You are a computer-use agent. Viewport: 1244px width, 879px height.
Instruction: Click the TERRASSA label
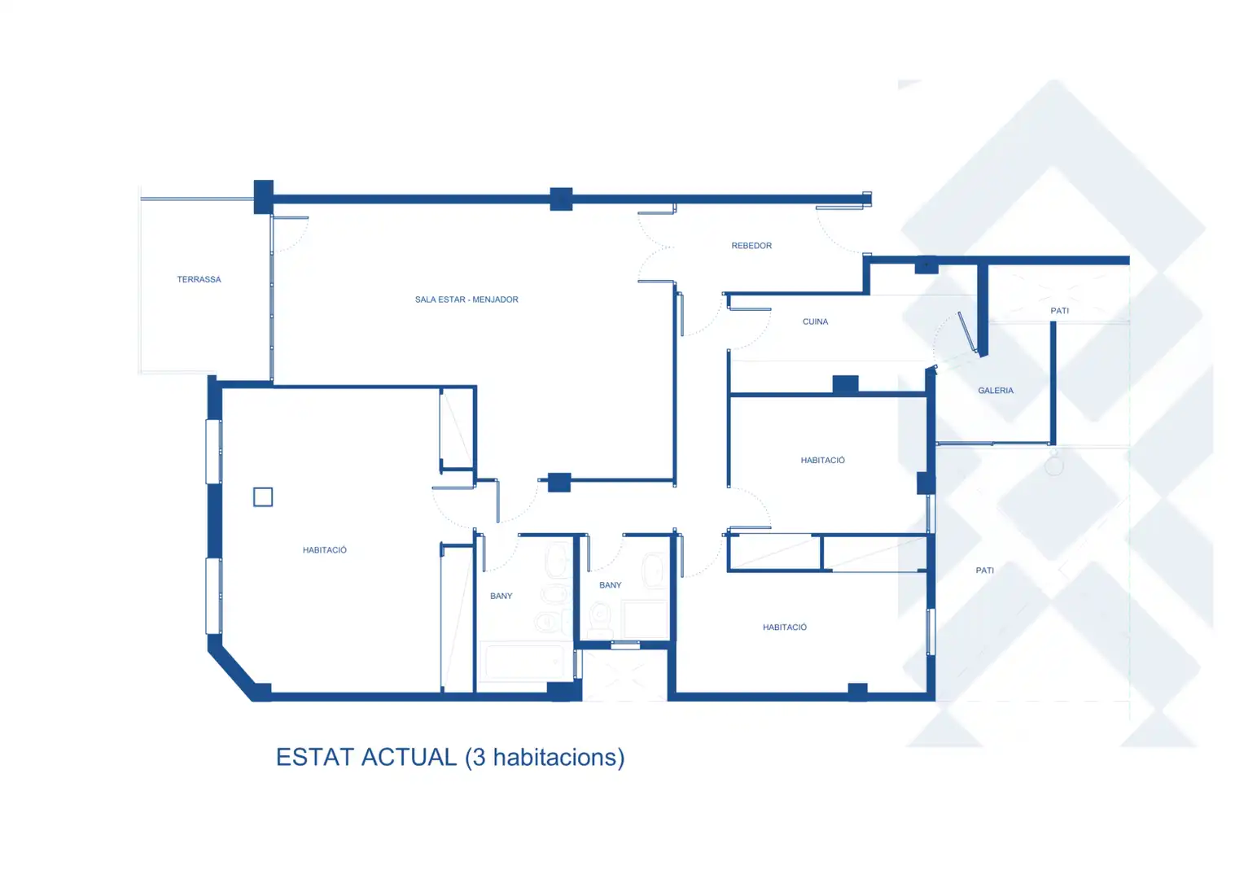pyautogui.click(x=199, y=279)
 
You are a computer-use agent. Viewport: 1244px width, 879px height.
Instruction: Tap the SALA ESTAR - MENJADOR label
pyautogui.click(x=466, y=300)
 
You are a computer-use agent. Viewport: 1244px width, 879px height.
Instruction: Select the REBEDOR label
pyautogui.click(x=751, y=246)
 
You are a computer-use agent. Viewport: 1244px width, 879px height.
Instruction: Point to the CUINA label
pyautogui.click(x=815, y=321)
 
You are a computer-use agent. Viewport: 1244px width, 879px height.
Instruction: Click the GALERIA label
pyautogui.click(x=996, y=391)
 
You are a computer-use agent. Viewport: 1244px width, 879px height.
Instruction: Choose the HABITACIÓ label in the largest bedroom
pyautogui.click(x=324, y=549)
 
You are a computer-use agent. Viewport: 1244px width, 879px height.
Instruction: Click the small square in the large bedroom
pyautogui.click(x=263, y=497)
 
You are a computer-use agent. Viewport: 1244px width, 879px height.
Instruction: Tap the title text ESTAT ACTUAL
pyautogui.click(x=366, y=758)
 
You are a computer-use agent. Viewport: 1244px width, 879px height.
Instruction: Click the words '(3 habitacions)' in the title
pyautogui.click(x=545, y=758)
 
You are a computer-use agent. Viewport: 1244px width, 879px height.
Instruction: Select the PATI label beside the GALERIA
pyautogui.click(x=1060, y=310)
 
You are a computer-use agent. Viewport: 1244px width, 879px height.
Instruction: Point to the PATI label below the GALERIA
pyautogui.click(x=984, y=571)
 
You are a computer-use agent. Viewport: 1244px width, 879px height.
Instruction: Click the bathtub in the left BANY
pyautogui.click(x=525, y=662)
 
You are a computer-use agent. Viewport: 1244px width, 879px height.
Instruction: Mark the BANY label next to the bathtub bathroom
pyautogui.click(x=501, y=596)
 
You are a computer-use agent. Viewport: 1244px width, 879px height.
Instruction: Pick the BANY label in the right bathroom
pyautogui.click(x=611, y=584)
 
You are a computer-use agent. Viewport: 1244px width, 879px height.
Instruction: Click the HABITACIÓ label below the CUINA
pyautogui.click(x=822, y=460)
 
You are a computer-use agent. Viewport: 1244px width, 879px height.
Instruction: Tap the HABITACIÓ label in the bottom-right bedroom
pyautogui.click(x=784, y=627)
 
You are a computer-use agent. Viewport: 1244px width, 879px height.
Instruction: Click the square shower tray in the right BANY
pyautogui.click(x=645, y=619)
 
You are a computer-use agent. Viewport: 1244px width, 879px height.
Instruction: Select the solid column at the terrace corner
pyautogui.click(x=263, y=197)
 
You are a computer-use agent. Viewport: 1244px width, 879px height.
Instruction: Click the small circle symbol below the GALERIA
pyautogui.click(x=1054, y=466)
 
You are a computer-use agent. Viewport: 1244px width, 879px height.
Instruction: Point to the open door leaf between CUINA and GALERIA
pyautogui.click(x=967, y=332)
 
